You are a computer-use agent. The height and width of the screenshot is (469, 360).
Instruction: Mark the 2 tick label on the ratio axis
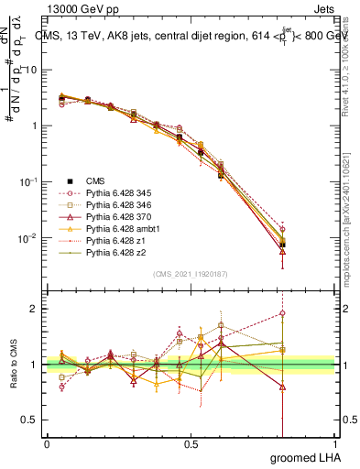point(35,309)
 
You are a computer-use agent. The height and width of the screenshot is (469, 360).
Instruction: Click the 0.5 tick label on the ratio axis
point(30,420)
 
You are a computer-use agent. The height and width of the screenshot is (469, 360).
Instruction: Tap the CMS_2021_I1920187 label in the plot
point(191,274)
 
